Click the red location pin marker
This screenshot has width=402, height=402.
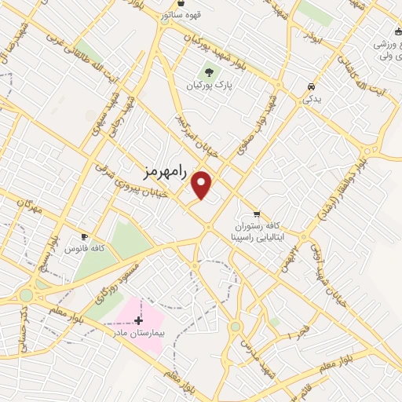pyautogui.click(x=202, y=185)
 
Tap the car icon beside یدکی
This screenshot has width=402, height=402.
pyautogui.click(x=312, y=86)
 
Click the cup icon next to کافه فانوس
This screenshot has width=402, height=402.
pyautogui.click(x=84, y=236)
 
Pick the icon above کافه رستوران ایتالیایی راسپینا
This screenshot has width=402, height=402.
pyautogui.click(x=257, y=214)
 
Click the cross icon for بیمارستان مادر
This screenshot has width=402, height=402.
pyautogui.click(x=139, y=320)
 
